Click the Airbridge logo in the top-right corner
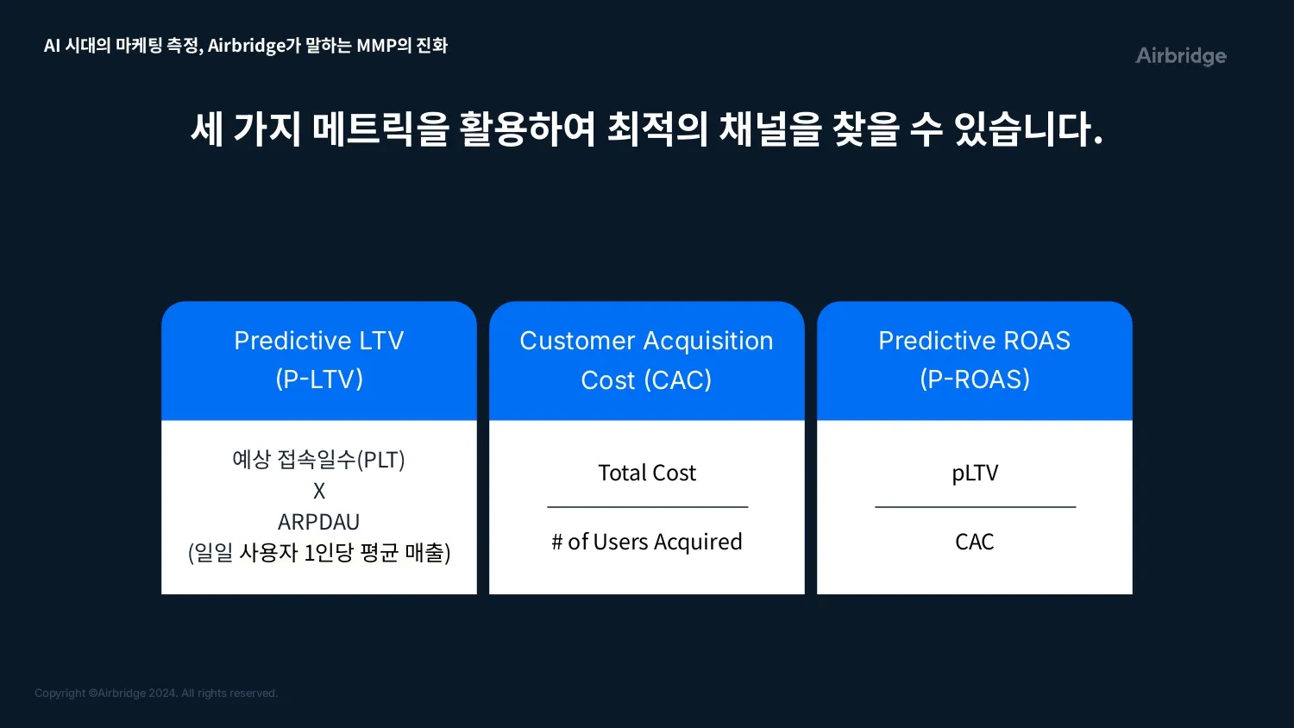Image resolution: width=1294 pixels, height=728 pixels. [x=1181, y=56]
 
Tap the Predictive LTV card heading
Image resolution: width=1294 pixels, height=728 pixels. [x=319, y=360]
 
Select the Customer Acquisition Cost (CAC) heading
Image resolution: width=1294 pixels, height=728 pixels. [x=646, y=360]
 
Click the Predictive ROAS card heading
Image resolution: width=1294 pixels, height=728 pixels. [x=975, y=360]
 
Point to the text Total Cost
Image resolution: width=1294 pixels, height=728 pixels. [x=647, y=473]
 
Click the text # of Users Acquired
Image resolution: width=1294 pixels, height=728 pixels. [x=647, y=542]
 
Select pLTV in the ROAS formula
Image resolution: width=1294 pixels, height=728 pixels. [x=975, y=474]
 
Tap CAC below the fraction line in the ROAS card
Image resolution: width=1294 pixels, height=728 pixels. [x=975, y=542]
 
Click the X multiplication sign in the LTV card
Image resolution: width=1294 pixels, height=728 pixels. [x=319, y=491]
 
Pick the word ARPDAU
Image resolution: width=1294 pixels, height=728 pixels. [x=319, y=522]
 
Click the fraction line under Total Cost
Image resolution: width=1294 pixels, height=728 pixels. [x=648, y=506]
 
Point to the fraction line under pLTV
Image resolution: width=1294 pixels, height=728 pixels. [x=975, y=506]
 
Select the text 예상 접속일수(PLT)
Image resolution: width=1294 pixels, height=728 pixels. [x=319, y=460]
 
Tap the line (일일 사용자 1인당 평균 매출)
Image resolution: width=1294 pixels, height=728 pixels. [x=319, y=552]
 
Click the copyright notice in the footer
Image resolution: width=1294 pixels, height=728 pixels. [x=156, y=693]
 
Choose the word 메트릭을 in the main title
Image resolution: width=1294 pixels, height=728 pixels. [x=380, y=129]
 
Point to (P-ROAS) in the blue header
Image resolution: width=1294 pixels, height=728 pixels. [x=975, y=380]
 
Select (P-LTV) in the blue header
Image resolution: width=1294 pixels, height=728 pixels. [x=319, y=380]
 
